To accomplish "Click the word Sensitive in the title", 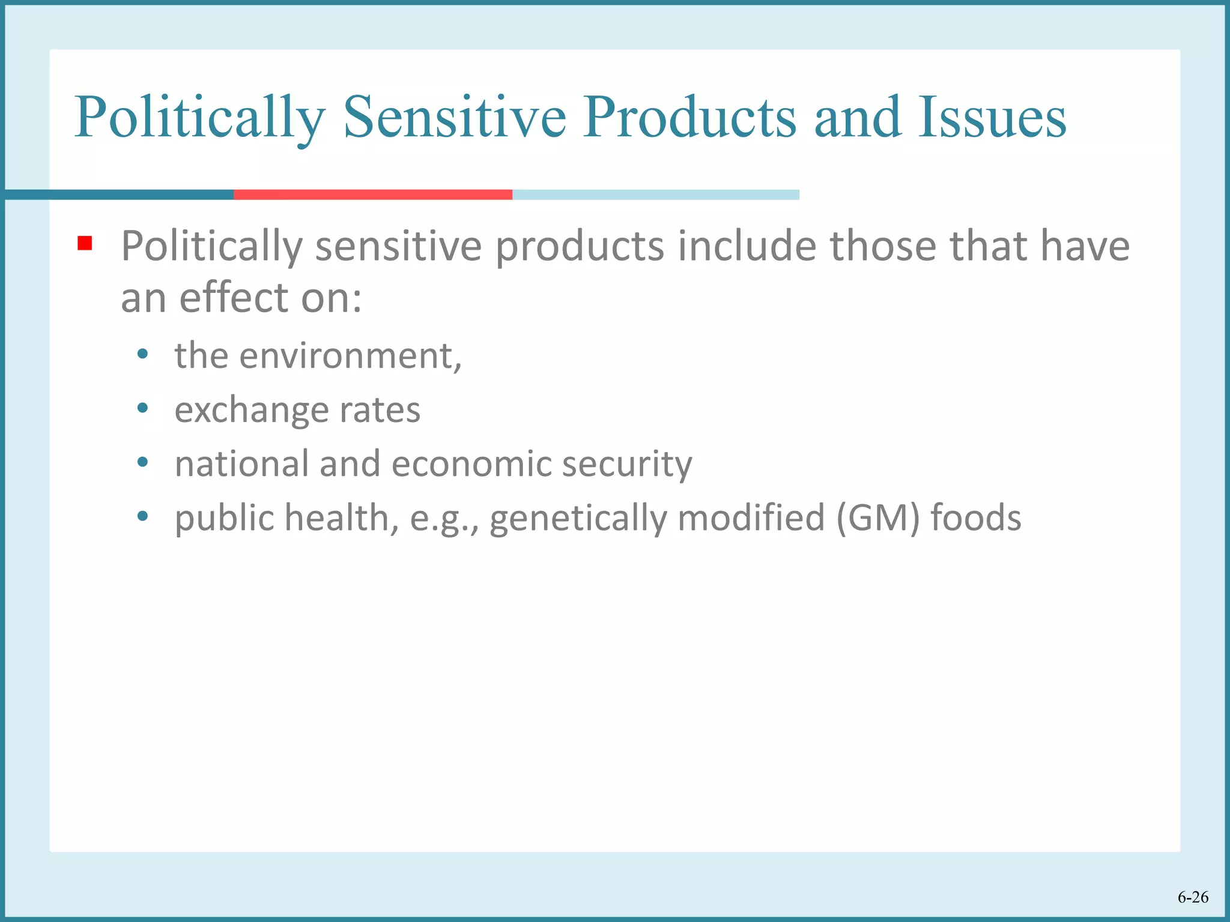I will click(455, 117).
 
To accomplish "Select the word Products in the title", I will click(689, 117).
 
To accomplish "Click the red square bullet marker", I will click(85, 243).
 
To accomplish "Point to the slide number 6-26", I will click(1193, 897).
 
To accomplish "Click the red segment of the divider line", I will click(372, 194).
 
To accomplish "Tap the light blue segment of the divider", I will click(655, 194).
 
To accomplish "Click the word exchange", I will click(251, 411).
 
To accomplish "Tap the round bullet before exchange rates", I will click(142, 408).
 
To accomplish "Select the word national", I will click(241, 464).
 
